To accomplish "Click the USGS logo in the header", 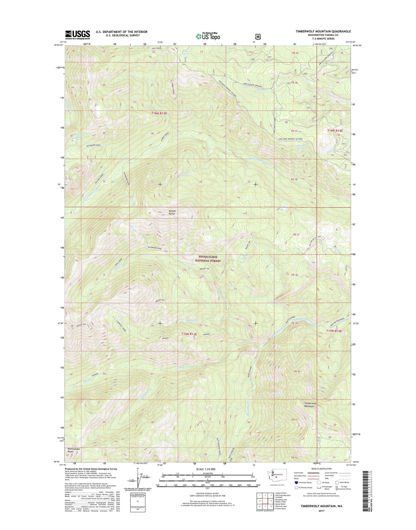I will point(77,34).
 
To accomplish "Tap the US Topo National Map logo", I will point(208,36).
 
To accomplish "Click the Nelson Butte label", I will point(172,212).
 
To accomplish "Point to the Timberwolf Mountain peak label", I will point(309,404).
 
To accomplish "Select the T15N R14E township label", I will point(334,331).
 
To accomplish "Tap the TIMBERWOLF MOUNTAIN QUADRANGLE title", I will point(323,31).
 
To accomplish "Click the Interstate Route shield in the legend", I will point(296,483).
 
